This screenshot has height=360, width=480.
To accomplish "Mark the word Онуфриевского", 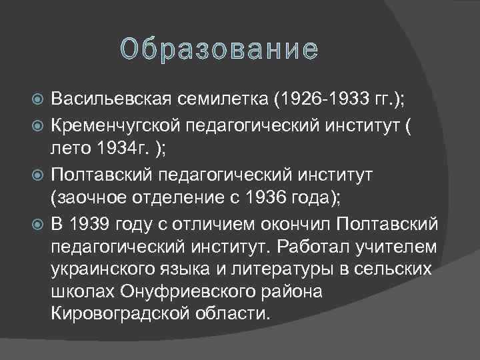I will [x=184, y=292].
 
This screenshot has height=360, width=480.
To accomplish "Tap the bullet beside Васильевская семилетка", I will [x=37, y=100].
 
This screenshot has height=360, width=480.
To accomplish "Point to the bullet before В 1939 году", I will [x=37, y=221].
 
